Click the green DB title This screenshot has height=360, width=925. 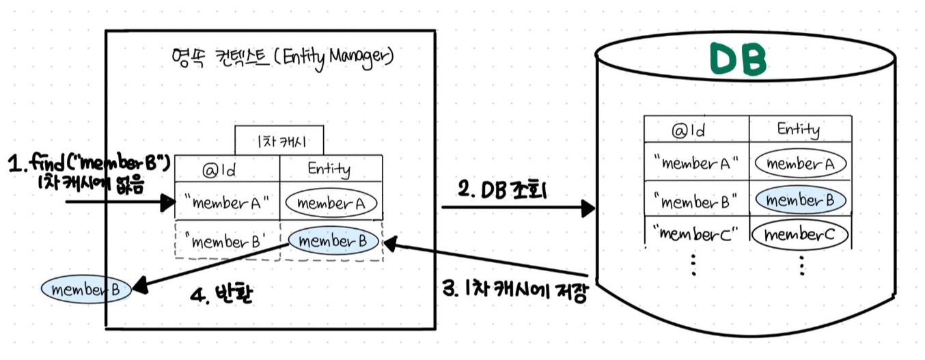(737, 61)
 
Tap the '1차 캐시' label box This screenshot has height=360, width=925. (279, 141)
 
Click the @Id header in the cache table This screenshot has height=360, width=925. (227, 169)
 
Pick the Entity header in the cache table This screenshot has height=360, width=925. (331, 169)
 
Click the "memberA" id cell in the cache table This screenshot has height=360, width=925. (227, 202)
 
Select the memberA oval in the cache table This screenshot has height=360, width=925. (331, 203)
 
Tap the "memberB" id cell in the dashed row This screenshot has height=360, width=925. (227, 241)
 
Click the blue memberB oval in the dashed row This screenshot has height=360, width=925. (333, 240)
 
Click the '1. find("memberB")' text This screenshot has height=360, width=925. (88, 164)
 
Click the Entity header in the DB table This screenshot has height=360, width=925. (799, 129)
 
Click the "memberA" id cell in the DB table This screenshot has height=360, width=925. (696, 164)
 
